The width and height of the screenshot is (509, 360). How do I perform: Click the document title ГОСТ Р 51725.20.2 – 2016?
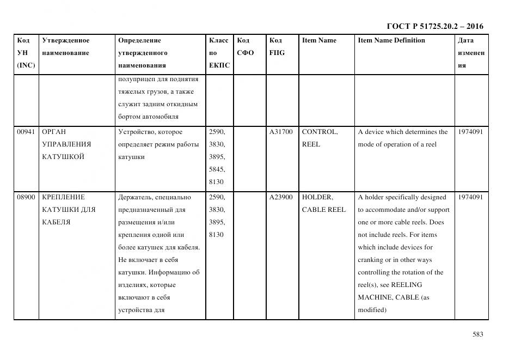(434, 26)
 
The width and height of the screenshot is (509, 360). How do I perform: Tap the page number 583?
(477, 334)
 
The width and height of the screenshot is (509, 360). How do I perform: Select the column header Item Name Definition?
(391, 40)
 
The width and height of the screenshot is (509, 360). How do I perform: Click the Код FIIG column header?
(277, 46)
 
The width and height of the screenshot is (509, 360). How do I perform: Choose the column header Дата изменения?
(471, 53)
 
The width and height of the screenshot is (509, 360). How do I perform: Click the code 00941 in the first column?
(26, 132)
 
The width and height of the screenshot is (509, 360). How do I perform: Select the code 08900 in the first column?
(26, 197)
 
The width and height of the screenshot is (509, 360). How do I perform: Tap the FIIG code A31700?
(280, 132)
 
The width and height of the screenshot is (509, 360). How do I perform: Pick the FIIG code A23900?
(280, 197)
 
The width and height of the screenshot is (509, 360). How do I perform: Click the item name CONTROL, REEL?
(320, 138)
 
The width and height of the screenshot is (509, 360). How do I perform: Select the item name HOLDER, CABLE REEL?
(323, 203)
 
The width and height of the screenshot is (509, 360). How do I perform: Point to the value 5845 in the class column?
(216, 169)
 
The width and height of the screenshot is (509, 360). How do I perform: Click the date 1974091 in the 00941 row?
(470, 132)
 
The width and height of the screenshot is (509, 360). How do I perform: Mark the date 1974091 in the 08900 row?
(470, 197)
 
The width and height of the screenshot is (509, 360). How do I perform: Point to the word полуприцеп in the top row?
(138, 80)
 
